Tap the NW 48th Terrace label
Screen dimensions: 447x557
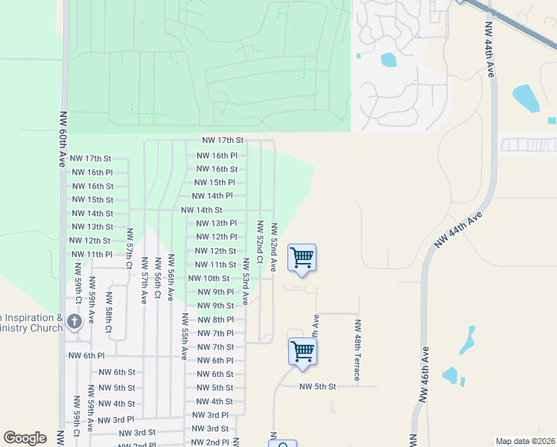point(358,351)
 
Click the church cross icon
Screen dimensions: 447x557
point(74,322)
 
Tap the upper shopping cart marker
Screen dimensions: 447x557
point(302,257)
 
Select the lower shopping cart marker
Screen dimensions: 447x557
point(302,351)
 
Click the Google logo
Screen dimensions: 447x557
point(25,438)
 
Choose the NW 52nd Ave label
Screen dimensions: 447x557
point(274,247)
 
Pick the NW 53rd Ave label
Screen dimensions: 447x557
point(245,282)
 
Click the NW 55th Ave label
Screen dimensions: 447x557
point(184,336)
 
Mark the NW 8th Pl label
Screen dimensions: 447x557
point(215,320)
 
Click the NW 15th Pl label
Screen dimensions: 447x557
point(214,183)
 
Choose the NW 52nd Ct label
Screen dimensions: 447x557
point(260,243)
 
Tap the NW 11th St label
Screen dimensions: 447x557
point(215,265)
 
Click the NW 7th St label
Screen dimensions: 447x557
point(215,347)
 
